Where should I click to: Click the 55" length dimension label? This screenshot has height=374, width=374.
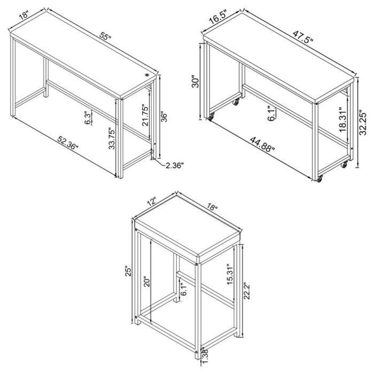pyautogui.click(x=105, y=37)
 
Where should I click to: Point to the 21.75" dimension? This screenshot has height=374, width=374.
pyautogui.click(x=137, y=114)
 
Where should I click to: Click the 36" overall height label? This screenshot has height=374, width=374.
pyautogui.click(x=166, y=116)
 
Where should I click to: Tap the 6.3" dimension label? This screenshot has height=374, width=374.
pyautogui.click(x=88, y=118)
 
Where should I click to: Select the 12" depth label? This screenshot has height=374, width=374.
pyautogui.click(x=151, y=202)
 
